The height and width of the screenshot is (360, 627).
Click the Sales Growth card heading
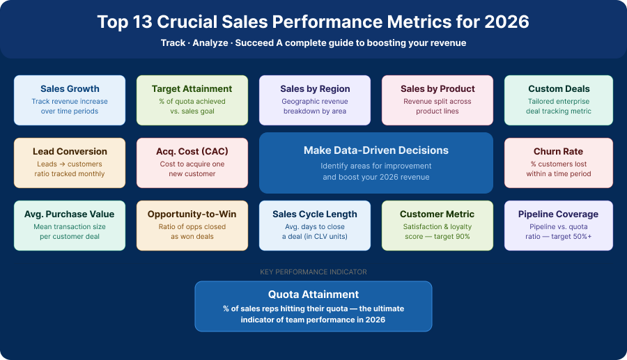tap(70, 89)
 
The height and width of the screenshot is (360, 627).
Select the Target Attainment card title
tap(192, 89)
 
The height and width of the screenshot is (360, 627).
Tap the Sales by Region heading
tap(315, 89)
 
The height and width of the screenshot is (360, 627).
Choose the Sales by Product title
tap(438, 89)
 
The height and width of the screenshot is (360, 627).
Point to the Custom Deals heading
tap(559, 89)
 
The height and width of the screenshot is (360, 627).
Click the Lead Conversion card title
tap(70, 152)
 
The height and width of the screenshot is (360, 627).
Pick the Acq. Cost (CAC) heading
tap(192, 152)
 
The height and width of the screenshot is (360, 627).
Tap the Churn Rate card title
tap(559, 152)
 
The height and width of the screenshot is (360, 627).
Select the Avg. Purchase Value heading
tap(70, 214)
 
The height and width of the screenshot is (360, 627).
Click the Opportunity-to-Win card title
tap(192, 214)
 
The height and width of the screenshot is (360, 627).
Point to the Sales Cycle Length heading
tap(315, 214)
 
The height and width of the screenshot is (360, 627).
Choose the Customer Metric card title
tap(438, 214)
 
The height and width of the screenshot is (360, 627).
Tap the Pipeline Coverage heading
tap(559, 214)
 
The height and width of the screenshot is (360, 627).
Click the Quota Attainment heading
tap(313, 295)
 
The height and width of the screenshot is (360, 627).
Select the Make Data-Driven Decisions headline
tap(376, 150)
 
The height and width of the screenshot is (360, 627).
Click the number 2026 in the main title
tap(506, 22)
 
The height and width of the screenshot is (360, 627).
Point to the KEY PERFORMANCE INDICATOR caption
tap(313, 272)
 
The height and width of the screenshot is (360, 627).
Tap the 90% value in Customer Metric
tap(463, 237)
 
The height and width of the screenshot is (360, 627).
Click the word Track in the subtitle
tap(173, 43)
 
